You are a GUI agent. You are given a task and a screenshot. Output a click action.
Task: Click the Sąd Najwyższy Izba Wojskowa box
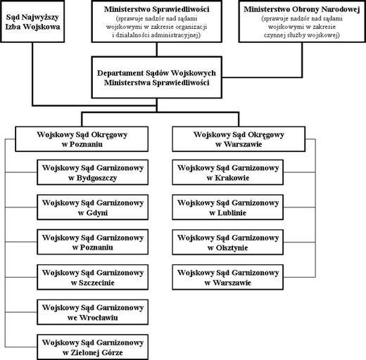coord(32,22)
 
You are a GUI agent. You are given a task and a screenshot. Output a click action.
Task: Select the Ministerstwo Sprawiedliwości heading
coord(156,9)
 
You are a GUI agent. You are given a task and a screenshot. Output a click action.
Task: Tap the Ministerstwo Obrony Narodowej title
coord(302,9)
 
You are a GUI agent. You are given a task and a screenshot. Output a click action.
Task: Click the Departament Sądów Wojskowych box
coord(156,77)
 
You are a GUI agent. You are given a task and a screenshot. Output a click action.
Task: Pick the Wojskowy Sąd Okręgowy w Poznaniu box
coord(82,139)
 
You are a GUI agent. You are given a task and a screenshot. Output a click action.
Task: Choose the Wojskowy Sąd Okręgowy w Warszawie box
coord(239,139)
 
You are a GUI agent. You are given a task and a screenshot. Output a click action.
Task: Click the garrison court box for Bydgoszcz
coord(92,172)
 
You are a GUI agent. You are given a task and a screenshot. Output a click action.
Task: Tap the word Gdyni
coord(96,213)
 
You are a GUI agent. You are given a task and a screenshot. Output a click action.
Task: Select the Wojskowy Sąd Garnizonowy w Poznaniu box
coord(92,242)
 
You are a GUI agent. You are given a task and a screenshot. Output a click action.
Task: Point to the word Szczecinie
coord(96,283)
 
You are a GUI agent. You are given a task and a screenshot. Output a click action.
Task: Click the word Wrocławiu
coord(99,318)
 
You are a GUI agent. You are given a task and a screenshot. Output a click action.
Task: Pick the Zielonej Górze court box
coord(92,347)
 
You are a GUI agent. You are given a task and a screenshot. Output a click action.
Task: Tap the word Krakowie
coord(232,178)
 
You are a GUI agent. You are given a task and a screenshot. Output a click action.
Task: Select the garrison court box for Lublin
coord(227,207)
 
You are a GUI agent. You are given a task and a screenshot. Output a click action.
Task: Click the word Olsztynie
coord(232,247)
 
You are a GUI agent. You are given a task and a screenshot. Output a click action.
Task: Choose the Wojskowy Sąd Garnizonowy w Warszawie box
coord(227,277)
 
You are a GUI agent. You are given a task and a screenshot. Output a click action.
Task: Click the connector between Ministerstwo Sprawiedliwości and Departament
coord(157,49)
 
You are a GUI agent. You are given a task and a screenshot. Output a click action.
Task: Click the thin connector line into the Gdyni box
coord(21,207)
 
